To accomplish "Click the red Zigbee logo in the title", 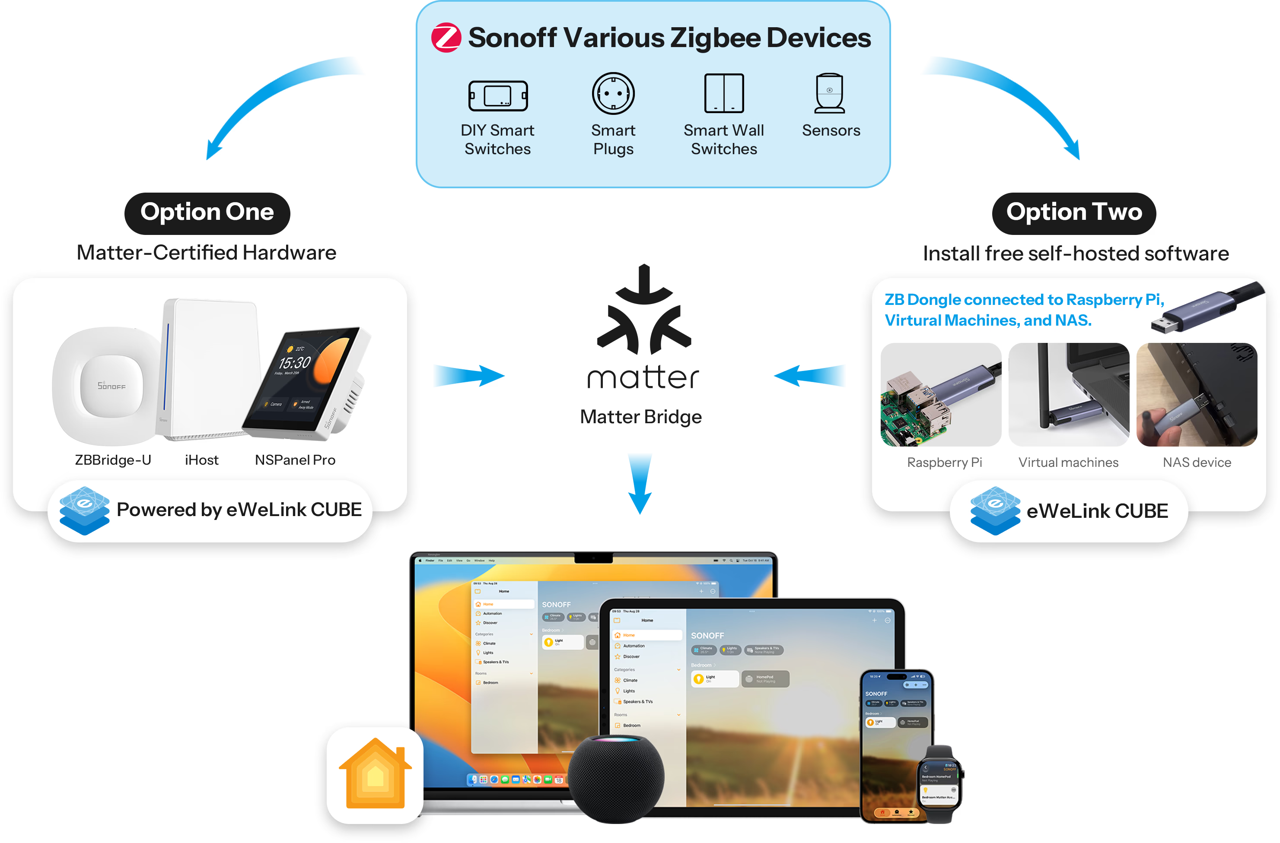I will [446, 38].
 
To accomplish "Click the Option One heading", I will [207, 212].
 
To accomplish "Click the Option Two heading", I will [1074, 212].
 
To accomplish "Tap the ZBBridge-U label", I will [113, 460].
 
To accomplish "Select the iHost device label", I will [202, 460].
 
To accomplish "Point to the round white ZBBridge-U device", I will [108, 385].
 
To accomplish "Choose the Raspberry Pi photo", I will [941, 395].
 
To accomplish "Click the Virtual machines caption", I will [1068, 463].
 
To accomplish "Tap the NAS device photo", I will [1197, 395].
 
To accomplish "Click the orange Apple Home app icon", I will [375, 775].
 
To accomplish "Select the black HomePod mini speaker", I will [616, 777].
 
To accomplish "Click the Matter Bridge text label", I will [640, 417].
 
